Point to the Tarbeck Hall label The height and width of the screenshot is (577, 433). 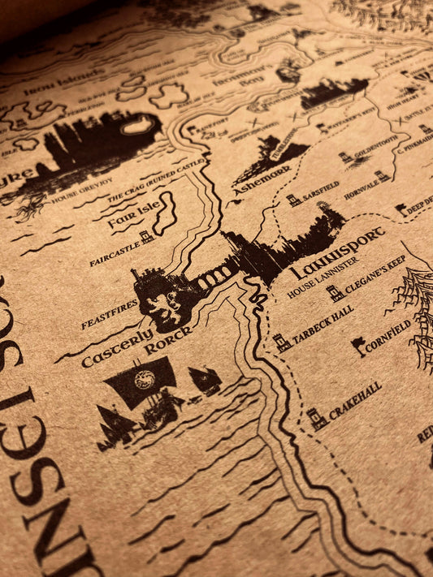click(323, 325)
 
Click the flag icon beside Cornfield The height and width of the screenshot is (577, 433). click(358, 346)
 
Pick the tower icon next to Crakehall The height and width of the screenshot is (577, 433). click(316, 417)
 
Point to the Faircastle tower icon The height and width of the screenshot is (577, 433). click(146, 237)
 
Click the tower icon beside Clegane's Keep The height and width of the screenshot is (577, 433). click(335, 293)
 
